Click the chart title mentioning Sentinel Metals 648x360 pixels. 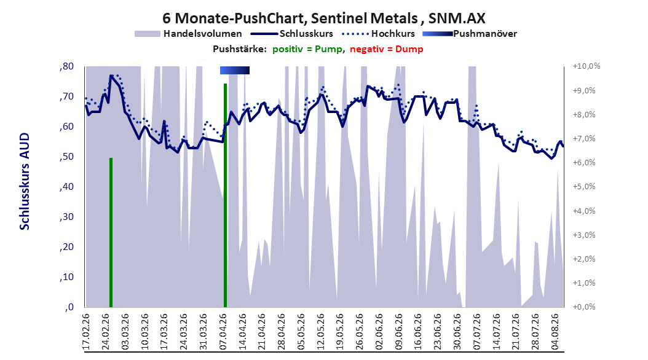click(323, 18)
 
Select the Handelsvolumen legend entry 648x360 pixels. click(188, 34)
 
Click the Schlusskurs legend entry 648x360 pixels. click(292, 34)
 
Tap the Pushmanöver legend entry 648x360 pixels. click(470, 34)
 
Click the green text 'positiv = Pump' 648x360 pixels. click(307, 49)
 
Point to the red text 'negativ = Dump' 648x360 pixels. click(387, 49)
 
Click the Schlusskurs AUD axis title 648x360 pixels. click(25, 181)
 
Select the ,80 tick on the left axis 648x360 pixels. click(66, 66)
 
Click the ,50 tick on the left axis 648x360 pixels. click(66, 157)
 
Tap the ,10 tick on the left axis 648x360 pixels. click(66, 277)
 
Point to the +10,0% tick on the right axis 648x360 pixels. click(587, 66)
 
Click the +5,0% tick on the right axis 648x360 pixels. click(584, 187)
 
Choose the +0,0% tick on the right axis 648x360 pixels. click(584, 307)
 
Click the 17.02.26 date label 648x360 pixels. click(86, 332)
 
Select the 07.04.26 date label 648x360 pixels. click(223, 332)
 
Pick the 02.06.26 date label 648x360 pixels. click(379, 332)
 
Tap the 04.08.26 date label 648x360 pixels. click(555, 332)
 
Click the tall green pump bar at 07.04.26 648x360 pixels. click(225, 195)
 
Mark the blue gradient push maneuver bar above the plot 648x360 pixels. click(235, 70)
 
